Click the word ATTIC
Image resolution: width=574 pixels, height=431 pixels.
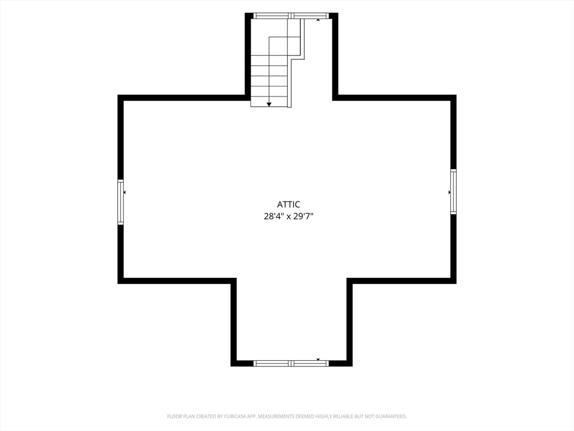(x=289, y=204)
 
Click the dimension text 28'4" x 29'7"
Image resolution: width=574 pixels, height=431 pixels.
(x=289, y=216)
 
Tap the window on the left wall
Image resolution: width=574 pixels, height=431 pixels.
(x=121, y=201)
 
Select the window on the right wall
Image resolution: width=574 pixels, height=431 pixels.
(x=453, y=191)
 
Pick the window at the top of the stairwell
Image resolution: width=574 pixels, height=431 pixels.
(x=291, y=16)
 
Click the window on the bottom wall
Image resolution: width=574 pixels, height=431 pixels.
(x=291, y=363)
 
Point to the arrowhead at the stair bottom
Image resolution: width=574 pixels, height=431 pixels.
(x=269, y=104)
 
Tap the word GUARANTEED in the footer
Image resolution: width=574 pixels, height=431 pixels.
(x=392, y=416)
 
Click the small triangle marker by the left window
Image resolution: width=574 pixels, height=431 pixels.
(x=124, y=192)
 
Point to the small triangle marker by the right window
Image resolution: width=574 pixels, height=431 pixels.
(x=450, y=192)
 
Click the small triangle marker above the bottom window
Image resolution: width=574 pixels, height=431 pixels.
(x=318, y=360)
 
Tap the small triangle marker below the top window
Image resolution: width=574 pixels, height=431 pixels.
(x=318, y=20)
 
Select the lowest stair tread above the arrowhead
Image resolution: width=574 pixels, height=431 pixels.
(x=269, y=97)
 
